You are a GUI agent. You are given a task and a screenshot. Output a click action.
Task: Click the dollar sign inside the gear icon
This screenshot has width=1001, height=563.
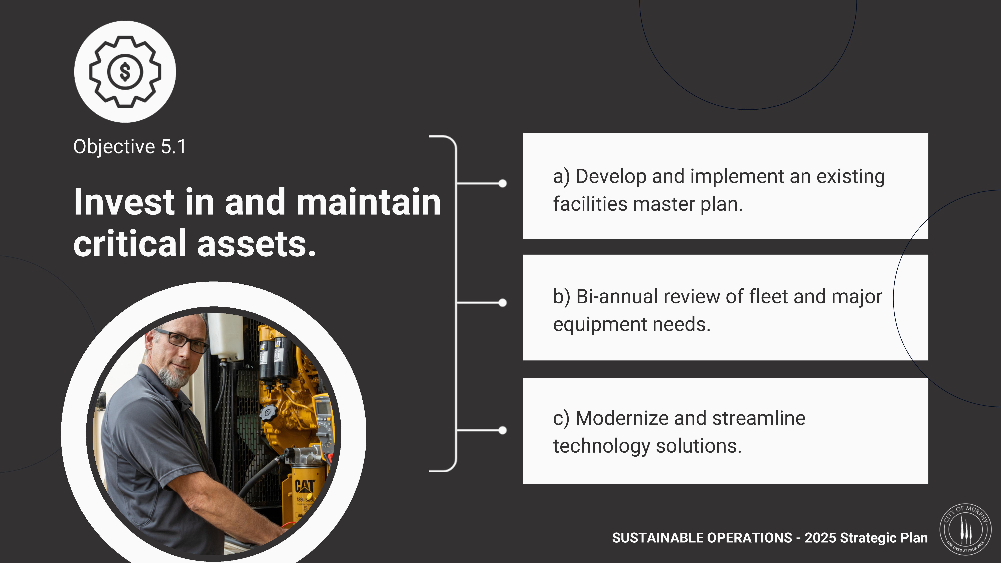[x=125, y=72]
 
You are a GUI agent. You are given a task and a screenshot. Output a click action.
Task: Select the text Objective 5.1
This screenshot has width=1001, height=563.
[x=130, y=147]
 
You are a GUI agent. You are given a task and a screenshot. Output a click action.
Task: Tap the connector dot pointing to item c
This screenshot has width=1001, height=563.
[x=503, y=430]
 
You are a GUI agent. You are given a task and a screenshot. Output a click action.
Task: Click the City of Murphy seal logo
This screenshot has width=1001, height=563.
[x=965, y=530]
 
